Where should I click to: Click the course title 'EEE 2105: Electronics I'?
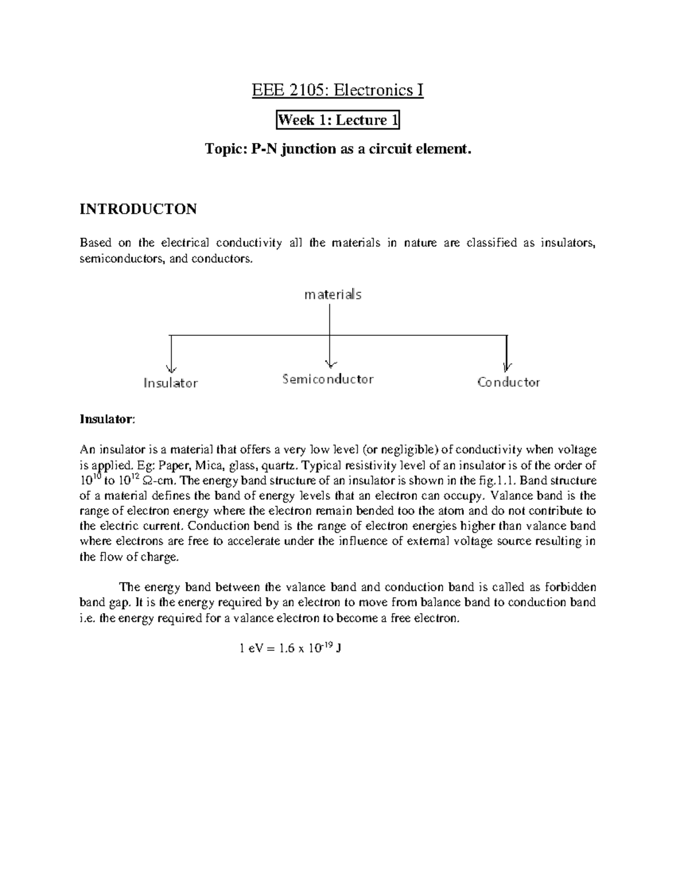(337, 90)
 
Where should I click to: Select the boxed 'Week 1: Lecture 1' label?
(337, 120)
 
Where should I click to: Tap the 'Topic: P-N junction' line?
(337, 149)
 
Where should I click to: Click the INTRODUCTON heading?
(138, 209)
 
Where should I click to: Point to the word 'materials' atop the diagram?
(333, 294)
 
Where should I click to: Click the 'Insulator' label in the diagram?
(171, 383)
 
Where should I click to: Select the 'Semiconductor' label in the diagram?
(328, 379)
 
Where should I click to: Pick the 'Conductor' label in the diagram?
(509, 382)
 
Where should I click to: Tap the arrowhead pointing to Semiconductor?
(331, 363)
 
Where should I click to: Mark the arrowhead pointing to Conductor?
(508, 366)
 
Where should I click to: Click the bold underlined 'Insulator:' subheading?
(107, 419)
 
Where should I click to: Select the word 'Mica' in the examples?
(207, 465)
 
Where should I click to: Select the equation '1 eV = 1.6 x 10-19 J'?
(291, 649)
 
